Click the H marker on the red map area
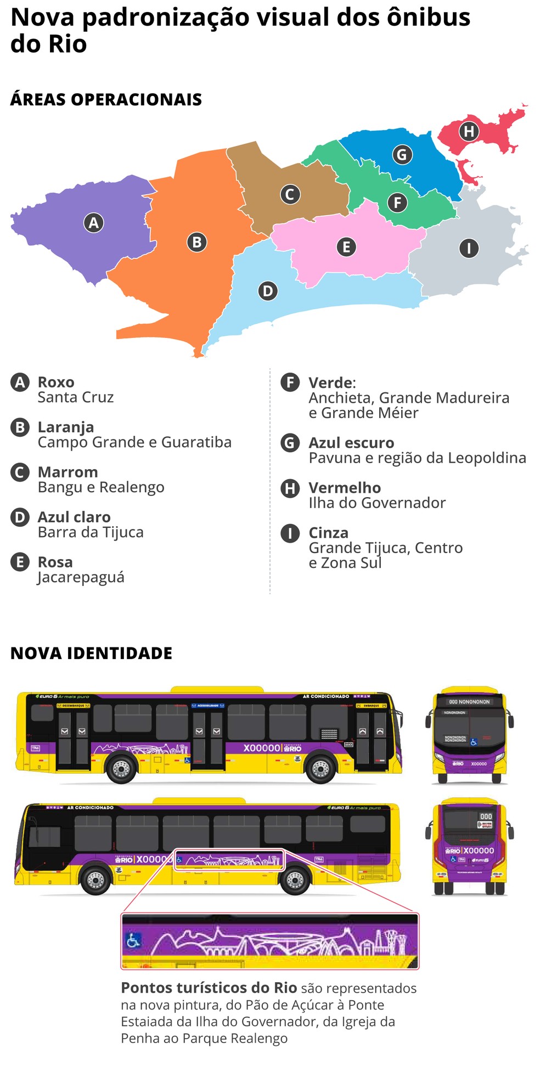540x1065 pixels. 469,132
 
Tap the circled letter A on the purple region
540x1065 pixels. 94,223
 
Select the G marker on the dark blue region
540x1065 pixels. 402,155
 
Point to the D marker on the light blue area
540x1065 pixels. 268,291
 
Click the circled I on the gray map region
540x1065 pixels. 469,249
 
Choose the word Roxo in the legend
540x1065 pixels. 56,382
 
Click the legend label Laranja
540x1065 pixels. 66,427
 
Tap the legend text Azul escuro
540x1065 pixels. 351,443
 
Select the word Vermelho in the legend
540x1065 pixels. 345,488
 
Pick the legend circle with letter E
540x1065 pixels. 20,562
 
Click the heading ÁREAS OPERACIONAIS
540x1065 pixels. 106,99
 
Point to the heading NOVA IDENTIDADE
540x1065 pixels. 91,653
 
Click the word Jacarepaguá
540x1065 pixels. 81,577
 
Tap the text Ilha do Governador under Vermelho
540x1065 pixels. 377,503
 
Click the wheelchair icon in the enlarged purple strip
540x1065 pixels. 133,941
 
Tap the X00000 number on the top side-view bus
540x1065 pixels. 262,748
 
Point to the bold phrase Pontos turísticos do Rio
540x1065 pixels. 209,988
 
